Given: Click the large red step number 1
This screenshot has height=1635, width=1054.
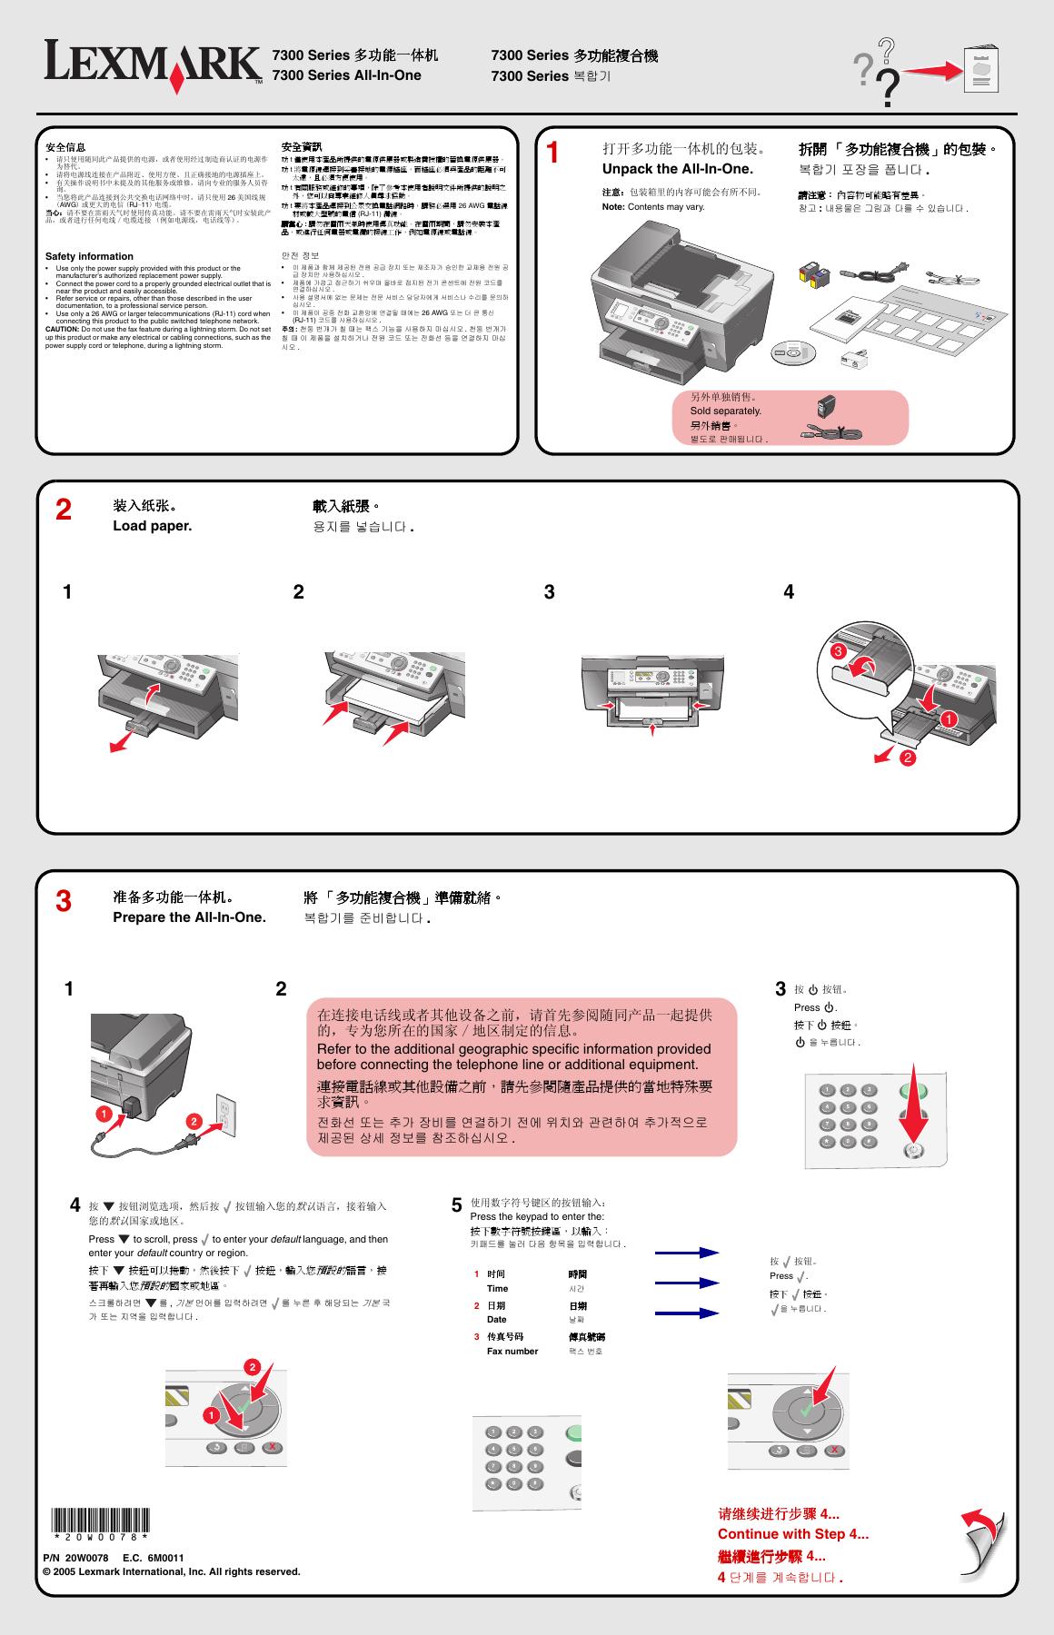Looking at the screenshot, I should click(552, 154).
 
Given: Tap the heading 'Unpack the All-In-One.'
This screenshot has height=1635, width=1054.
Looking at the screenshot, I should click(677, 169).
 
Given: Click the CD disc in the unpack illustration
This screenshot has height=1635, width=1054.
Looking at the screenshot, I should click(795, 352).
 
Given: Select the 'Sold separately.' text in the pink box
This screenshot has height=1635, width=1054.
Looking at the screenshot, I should click(725, 411).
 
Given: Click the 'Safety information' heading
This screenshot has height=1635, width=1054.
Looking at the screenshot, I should click(89, 256).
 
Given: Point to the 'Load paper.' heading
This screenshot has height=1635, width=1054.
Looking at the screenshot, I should click(152, 526).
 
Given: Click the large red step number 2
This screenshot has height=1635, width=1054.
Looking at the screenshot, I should click(63, 510).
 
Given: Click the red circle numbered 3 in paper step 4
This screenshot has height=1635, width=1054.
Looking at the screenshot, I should click(840, 651).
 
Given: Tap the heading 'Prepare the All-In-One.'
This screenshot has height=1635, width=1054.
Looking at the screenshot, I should click(189, 917).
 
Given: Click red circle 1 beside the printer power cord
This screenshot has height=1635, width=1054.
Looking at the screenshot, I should click(104, 1114).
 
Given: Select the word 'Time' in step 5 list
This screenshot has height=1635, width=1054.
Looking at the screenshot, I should click(497, 1288).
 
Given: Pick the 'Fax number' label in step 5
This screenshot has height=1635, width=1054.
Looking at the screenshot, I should click(512, 1351).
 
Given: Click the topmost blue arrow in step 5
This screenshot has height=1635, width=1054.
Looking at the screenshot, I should click(687, 1253).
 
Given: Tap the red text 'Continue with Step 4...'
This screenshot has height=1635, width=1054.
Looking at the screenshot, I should click(792, 1534).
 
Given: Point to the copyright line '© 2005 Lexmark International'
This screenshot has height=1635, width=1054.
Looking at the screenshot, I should click(171, 1571).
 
